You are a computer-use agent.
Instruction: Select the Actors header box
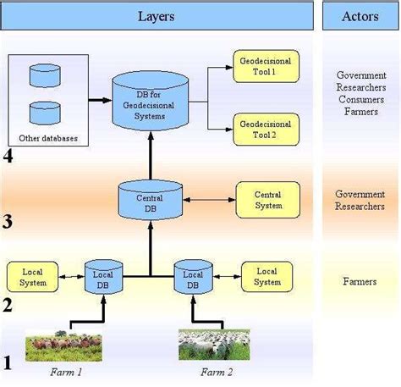[360, 16]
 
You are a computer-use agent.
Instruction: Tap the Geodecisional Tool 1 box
[265, 68]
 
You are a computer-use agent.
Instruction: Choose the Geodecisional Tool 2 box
[265, 129]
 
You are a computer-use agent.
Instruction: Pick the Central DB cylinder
[150, 201]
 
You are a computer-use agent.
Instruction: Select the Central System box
[267, 200]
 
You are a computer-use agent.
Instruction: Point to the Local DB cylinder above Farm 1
[105, 276]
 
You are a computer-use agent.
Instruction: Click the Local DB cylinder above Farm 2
[194, 276]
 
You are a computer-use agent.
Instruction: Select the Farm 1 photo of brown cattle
[63, 344]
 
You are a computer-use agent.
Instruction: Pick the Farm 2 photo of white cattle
[213, 344]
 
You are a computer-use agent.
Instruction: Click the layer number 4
[8, 156]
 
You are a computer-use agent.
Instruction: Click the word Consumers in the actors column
[360, 98]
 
